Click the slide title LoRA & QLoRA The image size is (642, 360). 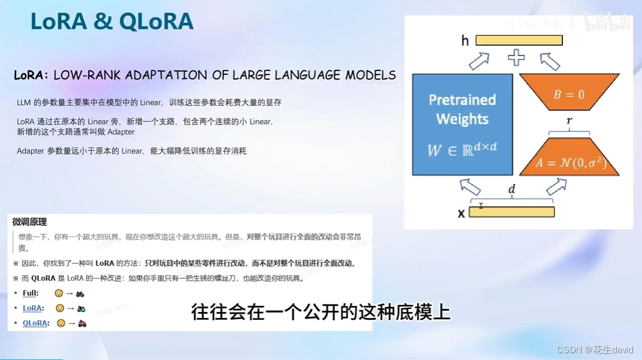[112, 22]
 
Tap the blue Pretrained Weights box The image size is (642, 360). [462, 125]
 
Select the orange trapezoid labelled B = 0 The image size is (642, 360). [568, 93]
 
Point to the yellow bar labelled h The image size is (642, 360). [519, 40]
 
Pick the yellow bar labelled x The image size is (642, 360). [511, 212]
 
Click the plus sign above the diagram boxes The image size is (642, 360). [515, 58]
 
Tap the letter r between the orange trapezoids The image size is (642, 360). [568, 121]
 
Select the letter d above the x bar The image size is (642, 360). [511, 190]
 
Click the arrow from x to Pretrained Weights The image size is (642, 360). [470, 186]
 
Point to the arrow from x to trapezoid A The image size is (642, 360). [556, 186]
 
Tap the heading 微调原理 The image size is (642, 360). [29, 222]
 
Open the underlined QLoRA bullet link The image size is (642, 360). [35, 323]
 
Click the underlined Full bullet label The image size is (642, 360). [30, 293]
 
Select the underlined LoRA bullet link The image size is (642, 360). [32, 308]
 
